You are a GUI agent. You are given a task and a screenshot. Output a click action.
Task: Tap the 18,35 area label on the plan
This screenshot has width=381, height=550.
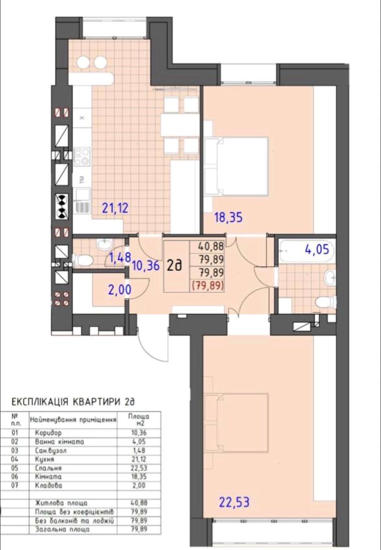tap(229, 217)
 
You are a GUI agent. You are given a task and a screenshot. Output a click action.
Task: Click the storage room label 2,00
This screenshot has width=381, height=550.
tap(120, 290)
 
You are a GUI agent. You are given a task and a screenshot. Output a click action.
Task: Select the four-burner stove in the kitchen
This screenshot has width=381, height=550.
tap(82, 156)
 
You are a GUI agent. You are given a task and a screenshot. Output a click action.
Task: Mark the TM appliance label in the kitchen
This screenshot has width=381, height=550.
tap(82, 180)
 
